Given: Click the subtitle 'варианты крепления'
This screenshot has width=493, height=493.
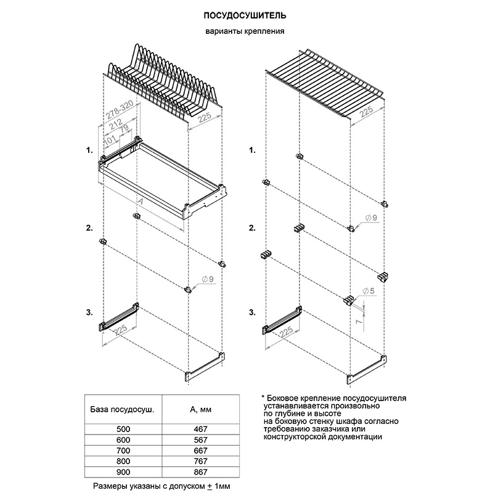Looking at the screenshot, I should pos(245,32).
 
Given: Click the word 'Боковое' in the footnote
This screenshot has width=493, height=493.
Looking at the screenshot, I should pos(285,398).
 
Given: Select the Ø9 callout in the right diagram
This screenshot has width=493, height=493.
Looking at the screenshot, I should pos(372,219).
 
